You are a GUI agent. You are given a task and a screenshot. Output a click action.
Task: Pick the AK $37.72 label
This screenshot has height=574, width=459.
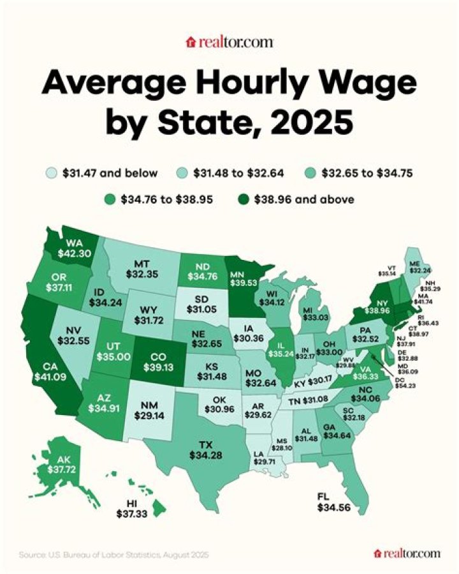click(52, 465)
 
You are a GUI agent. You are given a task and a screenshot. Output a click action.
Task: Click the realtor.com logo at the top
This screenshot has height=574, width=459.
click(229, 42)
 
